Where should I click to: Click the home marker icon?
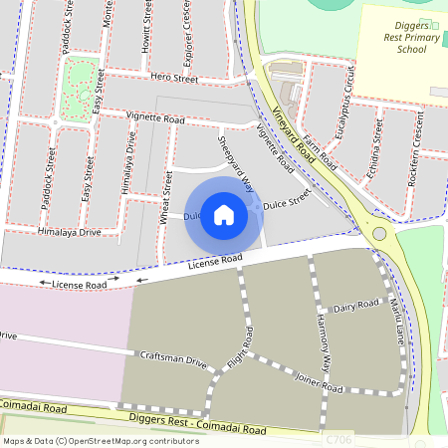point(224,215)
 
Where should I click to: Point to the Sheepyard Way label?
point(235,157)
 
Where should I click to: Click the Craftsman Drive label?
point(173,359)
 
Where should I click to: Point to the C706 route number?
point(338,438)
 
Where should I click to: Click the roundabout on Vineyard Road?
point(378,233)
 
